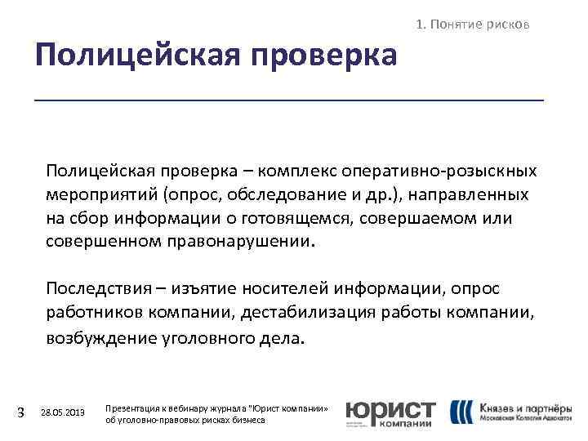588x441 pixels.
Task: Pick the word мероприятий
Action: (100, 195)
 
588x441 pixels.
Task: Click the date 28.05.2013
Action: (62, 412)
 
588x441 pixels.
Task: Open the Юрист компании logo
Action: (390, 412)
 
